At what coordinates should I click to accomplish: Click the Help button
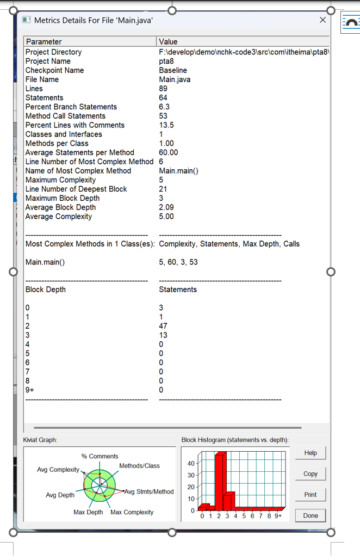pyautogui.click(x=311, y=453)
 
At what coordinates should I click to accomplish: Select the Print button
pyautogui.click(x=311, y=495)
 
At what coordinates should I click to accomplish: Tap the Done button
pyautogui.click(x=311, y=515)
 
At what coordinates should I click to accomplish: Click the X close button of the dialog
pyautogui.click(x=322, y=20)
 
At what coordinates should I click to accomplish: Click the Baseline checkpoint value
pyautogui.click(x=173, y=70)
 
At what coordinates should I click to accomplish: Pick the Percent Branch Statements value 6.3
pyautogui.click(x=164, y=107)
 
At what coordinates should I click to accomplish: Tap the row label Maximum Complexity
pyautogui.click(x=60, y=180)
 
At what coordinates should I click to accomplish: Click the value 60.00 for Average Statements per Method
pyautogui.click(x=169, y=152)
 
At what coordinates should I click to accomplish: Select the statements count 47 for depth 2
pyautogui.click(x=163, y=326)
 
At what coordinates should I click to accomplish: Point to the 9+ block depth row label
pyautogui.click(x=30, y=390)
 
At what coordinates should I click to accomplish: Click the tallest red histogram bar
pyautogui.click(x=219, y=482)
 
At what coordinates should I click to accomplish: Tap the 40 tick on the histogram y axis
pyautogui.click(x=190, y=463)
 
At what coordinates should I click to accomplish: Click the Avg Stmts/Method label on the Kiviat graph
pyautogui.click(x=149, y=491)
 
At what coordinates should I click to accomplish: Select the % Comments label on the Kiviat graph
pyautogui.click(x=100, y=456)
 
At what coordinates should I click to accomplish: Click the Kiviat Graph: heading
pyautogui.click(x=40, y=440)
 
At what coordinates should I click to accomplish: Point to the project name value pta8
pyautogui.click(x=166, y=61)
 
